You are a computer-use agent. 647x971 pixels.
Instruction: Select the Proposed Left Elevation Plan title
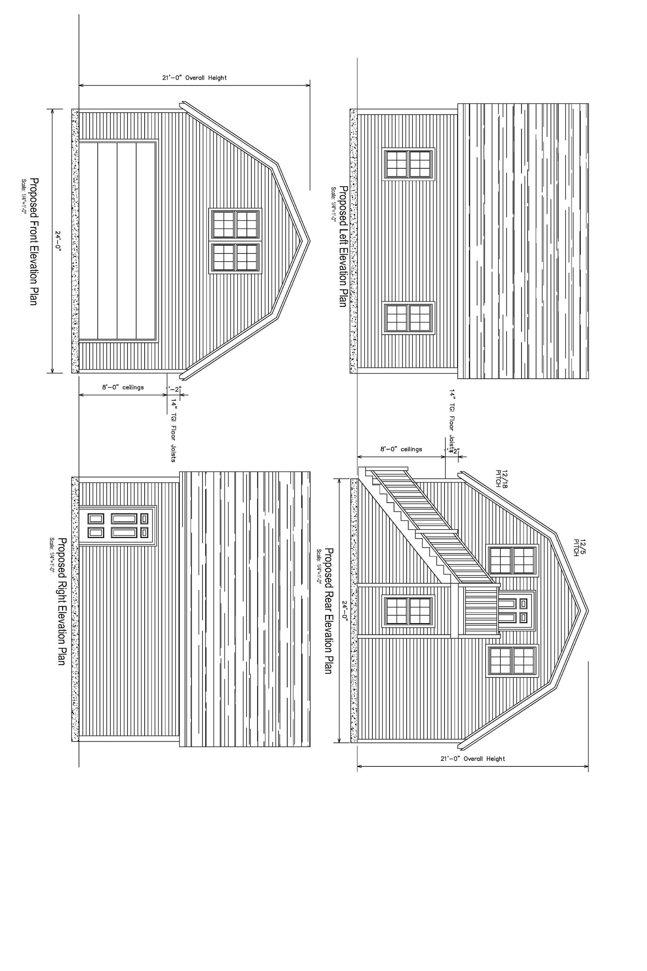tap(343, 246)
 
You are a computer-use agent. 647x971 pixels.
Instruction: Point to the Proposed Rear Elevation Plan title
tap(328, 611)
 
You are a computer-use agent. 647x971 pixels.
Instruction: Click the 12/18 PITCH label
tap(501, 479)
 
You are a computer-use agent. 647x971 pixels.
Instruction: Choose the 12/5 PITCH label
tap(579, 547)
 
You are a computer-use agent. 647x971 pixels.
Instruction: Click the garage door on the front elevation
tap(117, 241)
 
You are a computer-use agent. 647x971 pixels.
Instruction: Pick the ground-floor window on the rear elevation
tap(409, 611)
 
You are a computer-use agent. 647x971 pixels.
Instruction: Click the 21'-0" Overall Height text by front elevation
tap(194, 77)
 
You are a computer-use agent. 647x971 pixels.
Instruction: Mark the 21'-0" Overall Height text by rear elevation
tap(473, 759)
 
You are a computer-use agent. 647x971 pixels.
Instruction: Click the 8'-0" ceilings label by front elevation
tap(123, 387)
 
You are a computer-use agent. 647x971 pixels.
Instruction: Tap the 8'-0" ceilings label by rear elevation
tap(401, 449)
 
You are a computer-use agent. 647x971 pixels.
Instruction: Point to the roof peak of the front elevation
tap(309, 241)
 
